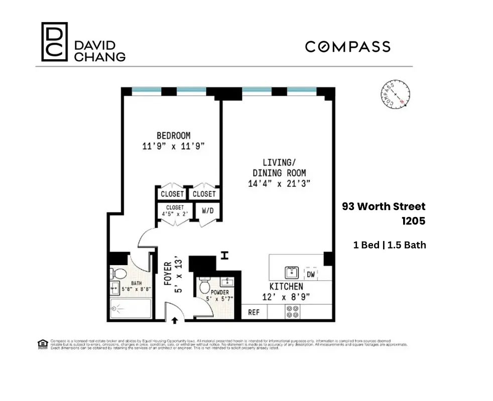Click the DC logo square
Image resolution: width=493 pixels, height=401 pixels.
point(54,42)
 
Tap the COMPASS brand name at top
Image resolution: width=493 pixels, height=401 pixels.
point(347,47)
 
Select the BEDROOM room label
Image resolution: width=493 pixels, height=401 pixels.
point(173,135)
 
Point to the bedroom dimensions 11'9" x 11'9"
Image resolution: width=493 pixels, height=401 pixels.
point(173,146)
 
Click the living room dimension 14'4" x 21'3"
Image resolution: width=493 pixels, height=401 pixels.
point(279,183)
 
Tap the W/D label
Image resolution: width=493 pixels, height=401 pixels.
point(208,211)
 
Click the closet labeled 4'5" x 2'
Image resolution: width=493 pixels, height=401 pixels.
point(172,211)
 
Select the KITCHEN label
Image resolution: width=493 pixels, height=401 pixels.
point(286,286)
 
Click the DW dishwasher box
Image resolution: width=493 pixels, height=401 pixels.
point(311,274)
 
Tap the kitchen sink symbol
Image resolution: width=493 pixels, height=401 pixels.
point(292,273)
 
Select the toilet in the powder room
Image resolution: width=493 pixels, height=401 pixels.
point(205,287)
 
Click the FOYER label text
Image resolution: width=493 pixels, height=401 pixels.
point(168,273)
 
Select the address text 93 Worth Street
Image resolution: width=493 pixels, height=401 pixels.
point(384,207)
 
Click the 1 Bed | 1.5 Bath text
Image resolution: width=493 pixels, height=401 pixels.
point(390,245)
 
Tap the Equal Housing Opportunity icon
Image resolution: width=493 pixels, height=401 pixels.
point(43,343)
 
